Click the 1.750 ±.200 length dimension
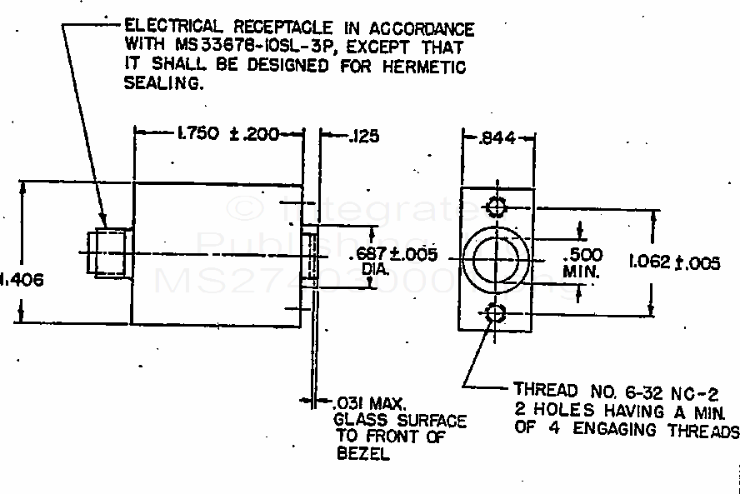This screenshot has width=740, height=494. point(223,133)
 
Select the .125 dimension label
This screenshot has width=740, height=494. point(364,134)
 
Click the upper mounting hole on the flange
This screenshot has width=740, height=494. point(496,206)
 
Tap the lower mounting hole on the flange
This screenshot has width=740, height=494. point(496,314)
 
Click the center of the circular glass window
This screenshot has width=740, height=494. point(495,259)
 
